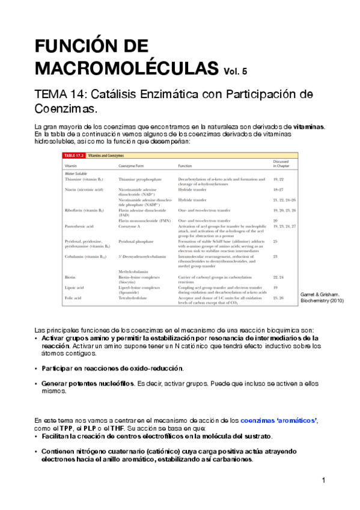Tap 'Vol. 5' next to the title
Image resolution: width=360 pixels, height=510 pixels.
tap(234, 70)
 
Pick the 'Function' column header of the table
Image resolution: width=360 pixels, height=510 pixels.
tap(185, 165)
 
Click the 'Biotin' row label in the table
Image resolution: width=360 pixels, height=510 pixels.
tap(70, 277)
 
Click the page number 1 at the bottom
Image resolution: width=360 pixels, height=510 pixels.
tap(323, 481)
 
